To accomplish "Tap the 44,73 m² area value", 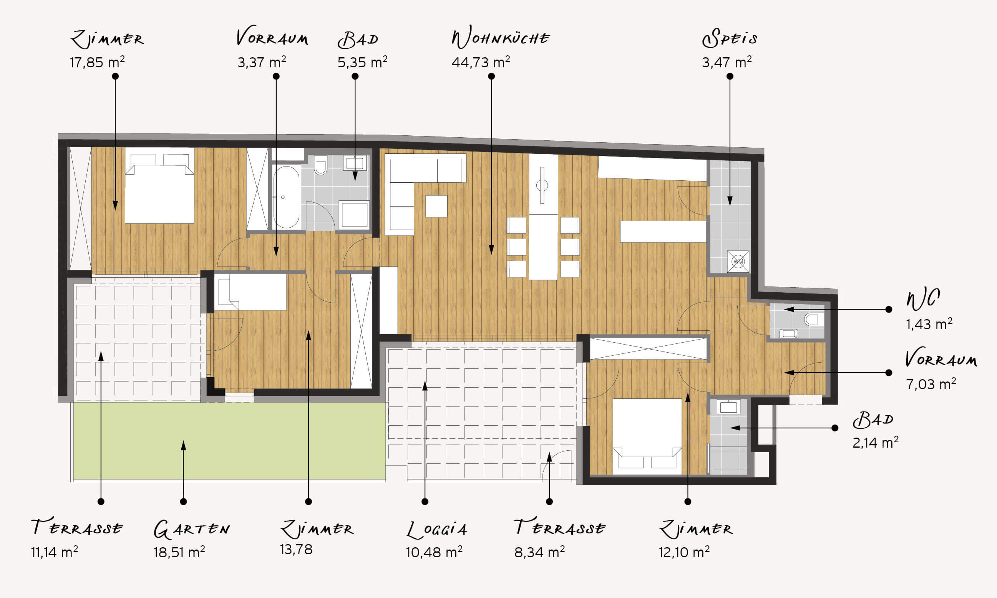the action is click(x=481, y=62).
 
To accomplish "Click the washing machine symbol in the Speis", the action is click(x=738, y=262).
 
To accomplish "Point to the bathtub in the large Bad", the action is click(x=286, y=197).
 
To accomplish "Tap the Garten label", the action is click(x=192, y=529).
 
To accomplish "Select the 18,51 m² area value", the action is click(x=179, y=551).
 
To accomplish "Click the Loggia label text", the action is click(x=437, y=529).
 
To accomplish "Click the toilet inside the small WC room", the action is click(x=814, y=320).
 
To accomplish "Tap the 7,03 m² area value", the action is click(x=931, y=384).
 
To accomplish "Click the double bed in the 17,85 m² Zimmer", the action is click(x=160, y=185).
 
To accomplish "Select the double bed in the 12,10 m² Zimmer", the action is click(x=647, y=436).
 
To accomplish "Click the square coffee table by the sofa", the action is click(x=436, y=206).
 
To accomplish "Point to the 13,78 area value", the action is click(x=296, y=549).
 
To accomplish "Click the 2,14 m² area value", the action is click(x=876, y=443).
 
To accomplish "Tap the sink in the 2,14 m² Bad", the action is click(x=729, y=407).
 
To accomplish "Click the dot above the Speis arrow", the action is click(x=730, y=76).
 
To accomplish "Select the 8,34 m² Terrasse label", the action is click(x=559, y=538).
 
